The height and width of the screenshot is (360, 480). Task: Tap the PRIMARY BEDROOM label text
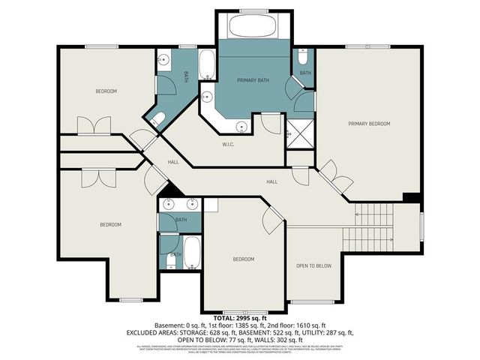pyautogui.click(x=368, y=123)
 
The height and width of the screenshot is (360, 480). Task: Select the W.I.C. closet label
pyautogui.click(x=229, y=144)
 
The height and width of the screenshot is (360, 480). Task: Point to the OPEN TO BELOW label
pyautogui.click(x=313, y=265)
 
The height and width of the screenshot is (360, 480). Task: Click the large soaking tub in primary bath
pyautogui.click(x=253, y=27)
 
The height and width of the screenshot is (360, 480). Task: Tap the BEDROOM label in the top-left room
pyautogui.click(x=106, y=91)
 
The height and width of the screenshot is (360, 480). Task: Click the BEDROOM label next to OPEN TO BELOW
pyautogui.click(x=243, y=259)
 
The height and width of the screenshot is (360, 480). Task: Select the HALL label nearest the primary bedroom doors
pyautogui.click(x=272, y=181)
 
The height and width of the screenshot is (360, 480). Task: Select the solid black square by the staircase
pyautogui.click(x=410, y=198)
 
